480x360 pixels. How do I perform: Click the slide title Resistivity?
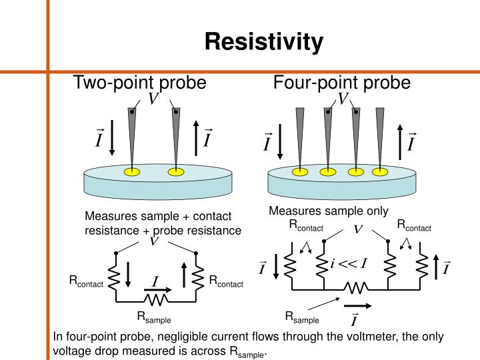tap(264, 41)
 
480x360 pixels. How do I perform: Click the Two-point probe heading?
tap(139, 83)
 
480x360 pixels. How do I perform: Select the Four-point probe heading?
tap(342, 83)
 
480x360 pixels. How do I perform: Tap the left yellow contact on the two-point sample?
tap(132, 173)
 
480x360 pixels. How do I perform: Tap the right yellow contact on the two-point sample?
tap(176, 173)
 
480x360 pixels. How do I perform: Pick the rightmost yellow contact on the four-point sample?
tap(381, 172)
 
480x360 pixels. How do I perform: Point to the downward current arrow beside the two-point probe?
tap(113, 139)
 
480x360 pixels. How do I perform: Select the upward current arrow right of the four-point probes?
tap(399, 141)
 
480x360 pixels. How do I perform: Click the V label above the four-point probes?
tap(343, 99)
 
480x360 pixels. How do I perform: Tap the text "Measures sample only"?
tap(328, 211)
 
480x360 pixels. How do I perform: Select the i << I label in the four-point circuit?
tap(349, 263)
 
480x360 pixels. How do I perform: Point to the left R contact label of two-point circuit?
tap(86, 281)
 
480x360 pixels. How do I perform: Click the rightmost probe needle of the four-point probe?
tap(380, 133)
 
